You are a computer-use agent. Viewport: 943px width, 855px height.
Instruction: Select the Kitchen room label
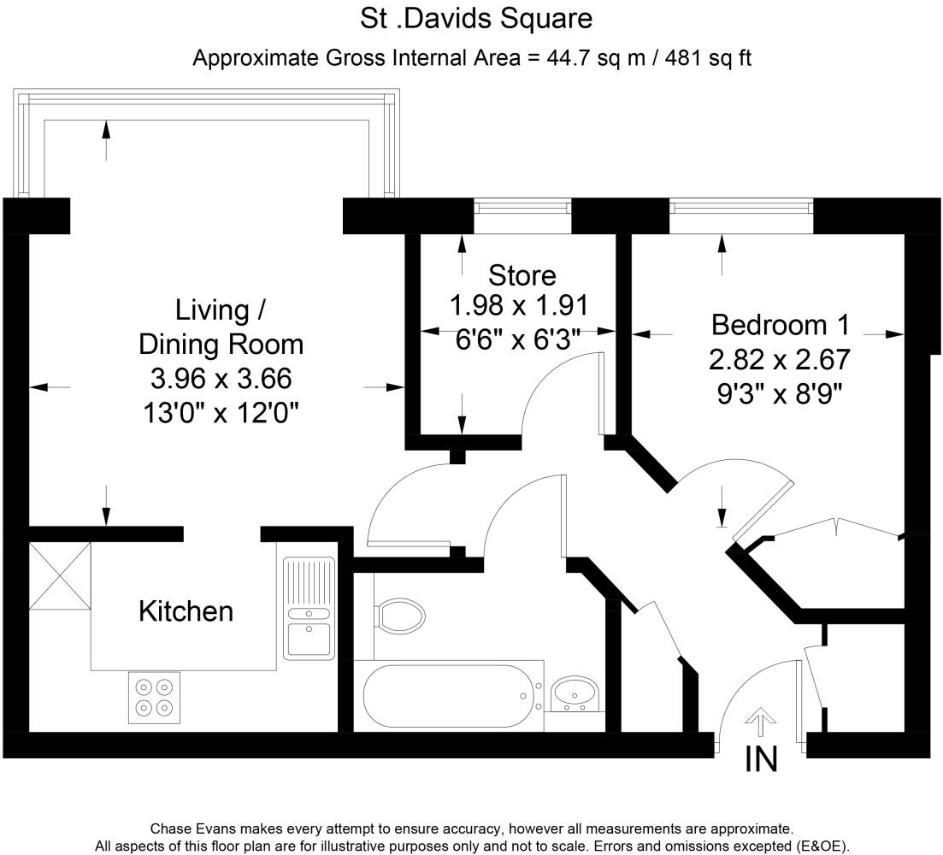[186, 611]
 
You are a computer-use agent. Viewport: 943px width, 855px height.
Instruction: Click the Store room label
[522, 275]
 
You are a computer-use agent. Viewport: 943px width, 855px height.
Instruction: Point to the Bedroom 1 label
[781, 325]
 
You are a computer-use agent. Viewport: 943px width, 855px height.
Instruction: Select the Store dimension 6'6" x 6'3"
[519, 339]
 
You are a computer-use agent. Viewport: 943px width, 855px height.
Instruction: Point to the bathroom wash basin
[574, 692]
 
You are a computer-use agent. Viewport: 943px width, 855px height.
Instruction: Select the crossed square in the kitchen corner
[60, 575]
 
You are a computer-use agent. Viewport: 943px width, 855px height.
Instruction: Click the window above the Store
[522, 206]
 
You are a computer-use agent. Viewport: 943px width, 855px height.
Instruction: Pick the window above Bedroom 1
[740, 206]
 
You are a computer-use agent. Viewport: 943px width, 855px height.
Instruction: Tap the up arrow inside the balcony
[106, 139]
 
